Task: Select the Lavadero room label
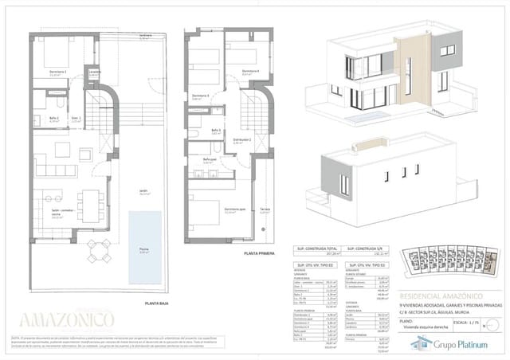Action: tap(94, 72)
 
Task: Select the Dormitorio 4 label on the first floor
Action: tap(252, 72)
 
